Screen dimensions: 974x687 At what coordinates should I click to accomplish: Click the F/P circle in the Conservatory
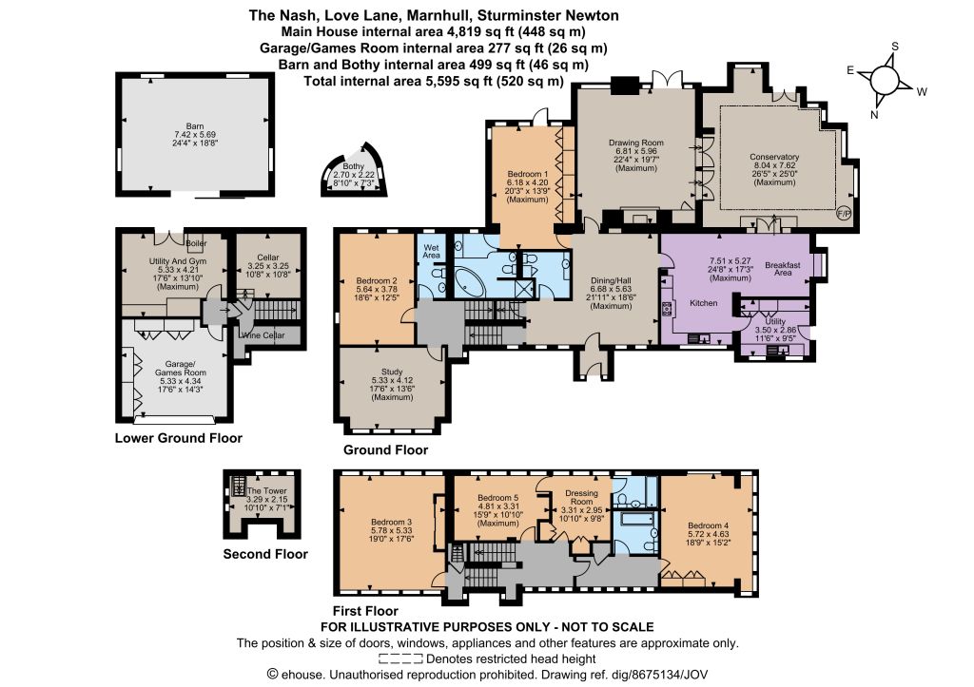coord(845,214)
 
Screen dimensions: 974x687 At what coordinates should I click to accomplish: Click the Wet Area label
coord(431,251)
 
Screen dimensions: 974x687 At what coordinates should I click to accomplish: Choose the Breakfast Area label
coord(783,269)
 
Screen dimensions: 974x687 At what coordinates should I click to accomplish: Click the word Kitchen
coord(703,303)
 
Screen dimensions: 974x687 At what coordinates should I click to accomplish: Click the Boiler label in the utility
coord(196,243)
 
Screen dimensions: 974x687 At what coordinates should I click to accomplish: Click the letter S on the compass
coord(895,47)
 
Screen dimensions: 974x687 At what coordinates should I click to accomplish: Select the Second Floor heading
coord(265,554)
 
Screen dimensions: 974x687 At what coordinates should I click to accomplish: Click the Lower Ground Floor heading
coord(178,438)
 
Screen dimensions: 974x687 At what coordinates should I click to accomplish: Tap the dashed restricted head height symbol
coord(400,659)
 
